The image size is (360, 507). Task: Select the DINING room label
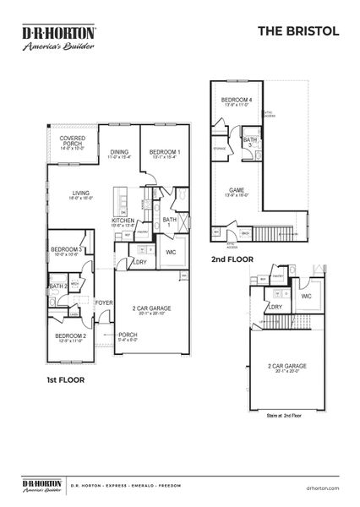point(119,151)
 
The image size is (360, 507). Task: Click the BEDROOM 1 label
point(160,151)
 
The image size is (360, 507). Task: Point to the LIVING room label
point(80,193)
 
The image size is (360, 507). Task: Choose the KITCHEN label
point(123,221)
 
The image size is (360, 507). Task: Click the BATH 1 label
point(170,221)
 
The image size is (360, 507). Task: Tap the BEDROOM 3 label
point(65,250)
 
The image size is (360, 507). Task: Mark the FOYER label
point(103,302)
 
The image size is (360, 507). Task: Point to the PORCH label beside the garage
point(128,335)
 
